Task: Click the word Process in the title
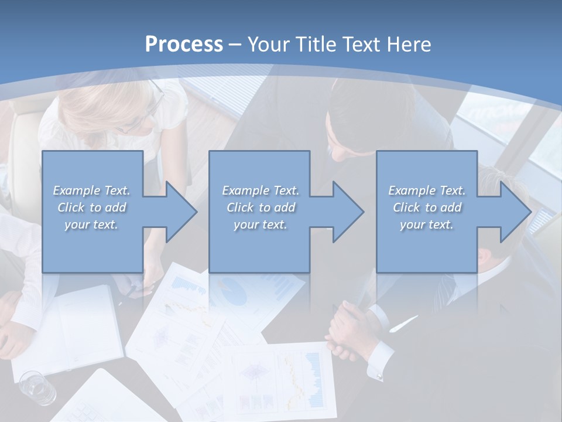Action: pos(184,44)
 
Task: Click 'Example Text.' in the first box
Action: pos(91,190)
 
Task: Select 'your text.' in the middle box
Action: pos(260,224)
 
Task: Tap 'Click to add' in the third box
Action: pos(427,207)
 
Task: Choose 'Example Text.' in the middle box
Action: pos(260,190)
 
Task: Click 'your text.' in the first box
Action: pos(91,224)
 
